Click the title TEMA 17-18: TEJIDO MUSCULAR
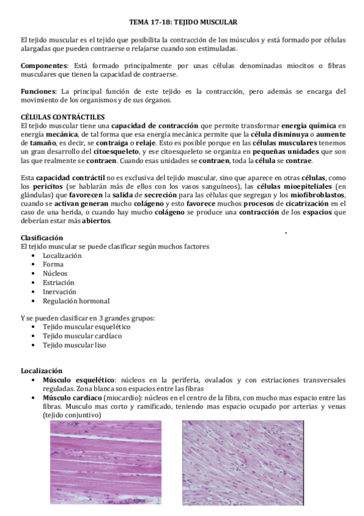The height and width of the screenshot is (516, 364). pyautogui.click(x=182, y=21)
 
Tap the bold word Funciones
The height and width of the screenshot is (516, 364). pyautogui.click(x=38, y=91)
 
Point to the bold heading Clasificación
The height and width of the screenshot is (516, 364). pyautogui.click(x=42, y=237)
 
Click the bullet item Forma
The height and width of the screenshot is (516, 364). pyautogui.click(x=52, y=265)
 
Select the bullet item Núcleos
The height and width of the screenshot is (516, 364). pyautogui.click(x=55, y=274)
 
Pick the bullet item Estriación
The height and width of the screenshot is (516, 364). pyautogui.click(x=58, y=282)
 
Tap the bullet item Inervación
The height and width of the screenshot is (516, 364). pyautogui.click(x=60, y=291)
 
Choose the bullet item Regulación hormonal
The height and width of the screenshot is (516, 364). pyautogui.click(x=76, y=301)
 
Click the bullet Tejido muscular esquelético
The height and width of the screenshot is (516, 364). pyautogui.click(x=82, y=327)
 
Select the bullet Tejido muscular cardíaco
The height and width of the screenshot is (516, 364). pyautogui.click(x=78, y=336)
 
